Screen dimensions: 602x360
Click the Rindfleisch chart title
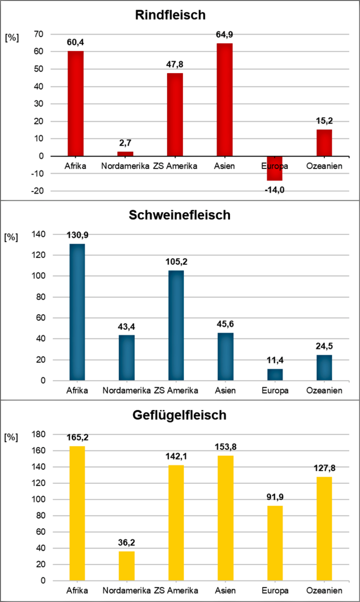coord(170,15)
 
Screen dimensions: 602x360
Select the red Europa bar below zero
coord(274,168)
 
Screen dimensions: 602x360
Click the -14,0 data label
coord(274,190)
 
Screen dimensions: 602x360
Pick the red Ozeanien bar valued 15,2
coord(324,142)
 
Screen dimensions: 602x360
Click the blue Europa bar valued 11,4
coord(274,375)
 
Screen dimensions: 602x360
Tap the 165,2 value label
coord(76,437)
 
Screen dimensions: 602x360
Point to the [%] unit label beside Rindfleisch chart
coord(11,39)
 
